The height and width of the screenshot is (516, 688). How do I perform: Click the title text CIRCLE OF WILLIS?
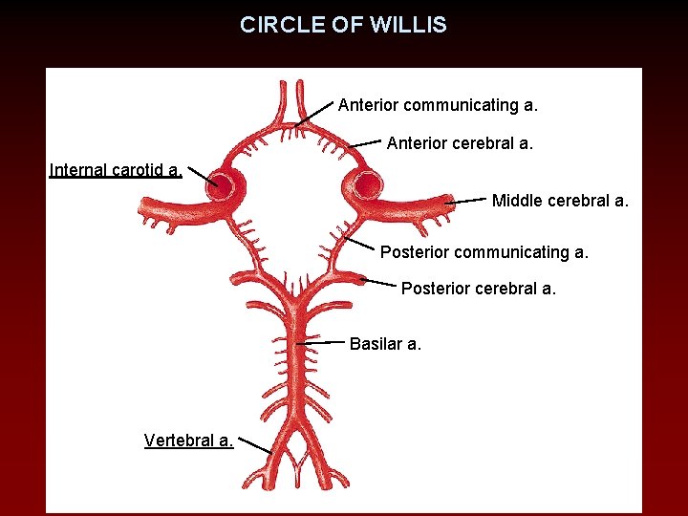[343, 25]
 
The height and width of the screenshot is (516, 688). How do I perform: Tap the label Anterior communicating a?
[438, 104]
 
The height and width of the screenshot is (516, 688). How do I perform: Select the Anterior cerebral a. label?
[460, 144]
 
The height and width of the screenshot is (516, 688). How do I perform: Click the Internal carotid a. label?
[115, 171]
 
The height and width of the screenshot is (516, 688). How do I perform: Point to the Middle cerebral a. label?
[560, 201]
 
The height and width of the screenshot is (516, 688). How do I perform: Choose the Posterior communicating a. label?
[484, 253]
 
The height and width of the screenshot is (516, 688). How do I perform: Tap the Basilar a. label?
[385, 344]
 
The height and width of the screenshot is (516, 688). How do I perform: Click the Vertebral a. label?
[188, 441]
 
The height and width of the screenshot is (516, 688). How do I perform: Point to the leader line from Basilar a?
[321, 341]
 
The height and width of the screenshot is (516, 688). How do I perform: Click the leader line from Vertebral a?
[254, 445]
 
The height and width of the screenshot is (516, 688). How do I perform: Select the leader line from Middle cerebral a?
[465, 202]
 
